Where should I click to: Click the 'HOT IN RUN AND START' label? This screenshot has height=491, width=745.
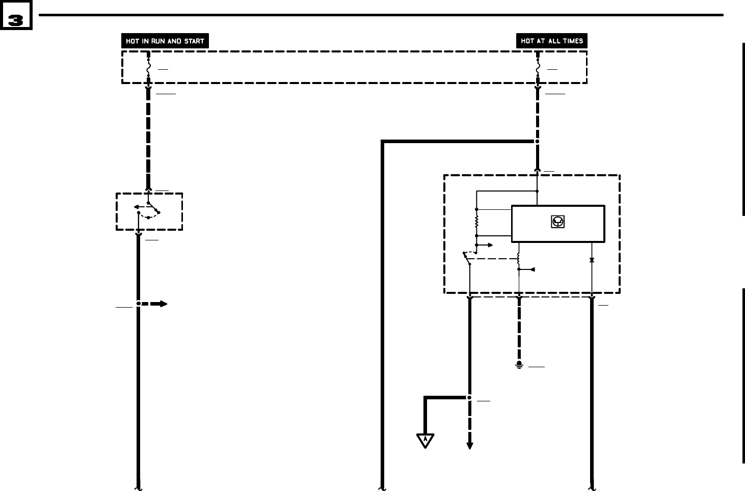click(x=165, y=41)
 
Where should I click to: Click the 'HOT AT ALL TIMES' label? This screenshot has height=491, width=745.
click(x=552, y=41)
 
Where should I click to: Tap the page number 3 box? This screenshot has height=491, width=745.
click(x=16, y=20)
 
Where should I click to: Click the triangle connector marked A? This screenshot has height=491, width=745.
click(x=425, y=440)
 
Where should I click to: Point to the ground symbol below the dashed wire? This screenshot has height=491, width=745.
click(x=519, y=365)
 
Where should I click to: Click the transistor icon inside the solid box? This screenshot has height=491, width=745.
click(x=558, y=222)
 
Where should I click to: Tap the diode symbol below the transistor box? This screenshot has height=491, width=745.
click(x=592, y=260)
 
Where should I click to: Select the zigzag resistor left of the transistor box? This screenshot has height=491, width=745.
click(x=476, y=222)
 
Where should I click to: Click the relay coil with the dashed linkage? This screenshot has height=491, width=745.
click(x=519, y=260)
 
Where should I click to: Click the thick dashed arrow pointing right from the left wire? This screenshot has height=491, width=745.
click(x=155, y=304)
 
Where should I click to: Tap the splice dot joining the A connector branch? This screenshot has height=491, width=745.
click(x=469, y=398)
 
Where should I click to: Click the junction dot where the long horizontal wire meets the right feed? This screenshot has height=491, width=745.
click(x=537, y=142)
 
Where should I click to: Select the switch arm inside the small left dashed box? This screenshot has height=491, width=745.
click(x=153, y=207)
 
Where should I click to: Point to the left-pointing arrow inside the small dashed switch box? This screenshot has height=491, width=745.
click(x=138, y=207)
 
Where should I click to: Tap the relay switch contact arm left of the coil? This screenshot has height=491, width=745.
click(x=466, y=258)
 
